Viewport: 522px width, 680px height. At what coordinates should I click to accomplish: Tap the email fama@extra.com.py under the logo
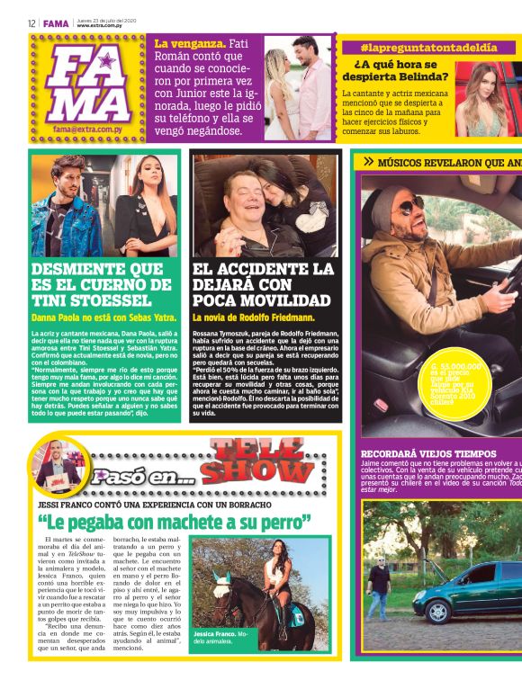[87, 129]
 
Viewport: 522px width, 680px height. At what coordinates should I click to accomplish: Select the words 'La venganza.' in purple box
[190, 42]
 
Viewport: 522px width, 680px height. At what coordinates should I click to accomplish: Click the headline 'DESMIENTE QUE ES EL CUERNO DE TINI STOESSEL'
[101, 284]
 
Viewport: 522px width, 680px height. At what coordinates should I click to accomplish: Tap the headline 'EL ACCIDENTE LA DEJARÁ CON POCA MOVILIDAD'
[263, 284]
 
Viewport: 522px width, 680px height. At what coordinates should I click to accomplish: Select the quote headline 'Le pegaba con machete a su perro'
[175, 521]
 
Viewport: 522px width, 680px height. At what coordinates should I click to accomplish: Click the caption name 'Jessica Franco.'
[213, 636]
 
